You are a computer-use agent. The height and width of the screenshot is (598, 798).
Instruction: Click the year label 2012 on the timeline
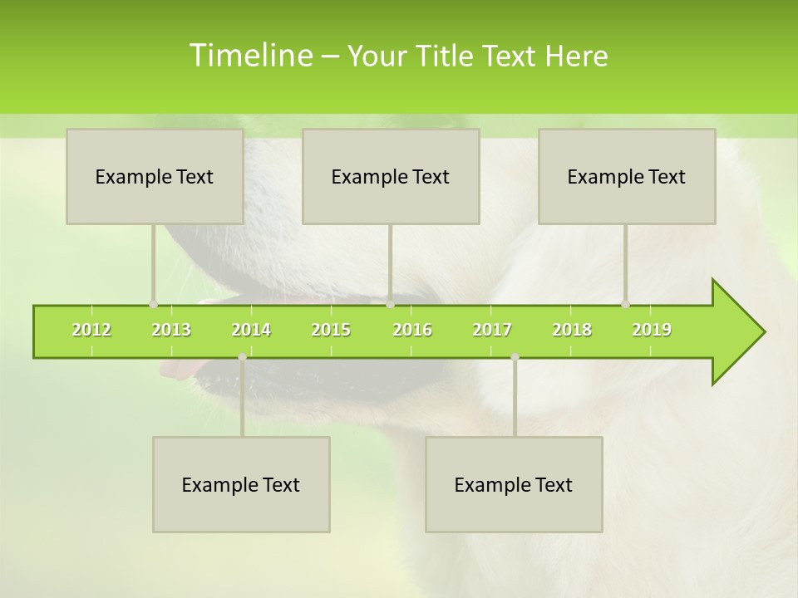pyautogui.click(x=91, y=330)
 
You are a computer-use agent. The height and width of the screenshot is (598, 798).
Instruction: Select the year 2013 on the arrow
pyautogui.click(x=171, y=330)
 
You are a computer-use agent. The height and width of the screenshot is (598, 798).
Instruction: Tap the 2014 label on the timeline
pyautogui.click(x=251, y=330)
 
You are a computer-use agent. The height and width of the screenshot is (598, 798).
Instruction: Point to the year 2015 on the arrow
pyautogui.click(x=331, y=330)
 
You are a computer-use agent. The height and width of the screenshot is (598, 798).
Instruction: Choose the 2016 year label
pyautogui.click(x=412, y=330)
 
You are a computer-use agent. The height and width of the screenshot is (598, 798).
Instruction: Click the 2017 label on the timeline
pyautogui.click(x=492, y=330)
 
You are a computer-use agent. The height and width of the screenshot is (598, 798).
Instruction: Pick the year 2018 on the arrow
pyautogui.click(x=572, y=330)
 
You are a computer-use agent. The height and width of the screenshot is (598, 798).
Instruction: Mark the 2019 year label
pyautogui.click(x=652, y=330)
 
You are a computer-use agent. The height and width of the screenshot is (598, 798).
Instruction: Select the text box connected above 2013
pyautogui.click(x=155, y=176)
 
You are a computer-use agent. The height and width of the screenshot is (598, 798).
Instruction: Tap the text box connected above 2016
pyautogui.click(x=391, y=176)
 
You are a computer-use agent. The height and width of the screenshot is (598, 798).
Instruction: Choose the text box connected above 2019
pyautogui.click(x=627, y=176)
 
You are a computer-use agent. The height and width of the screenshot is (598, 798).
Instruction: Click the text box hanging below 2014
pyautogui.click(x=241, y=484)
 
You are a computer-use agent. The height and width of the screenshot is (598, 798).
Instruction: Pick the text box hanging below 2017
pyautogui.click(x=514, y=484)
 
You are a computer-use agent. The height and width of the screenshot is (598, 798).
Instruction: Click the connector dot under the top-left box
pyautogui.click(x=154, y=304)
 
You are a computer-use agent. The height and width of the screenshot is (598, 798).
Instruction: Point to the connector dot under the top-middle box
pyautogui.click(x=390, y=304)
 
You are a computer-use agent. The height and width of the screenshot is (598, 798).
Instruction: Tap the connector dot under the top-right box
pyautogui.click(x=626, y=304)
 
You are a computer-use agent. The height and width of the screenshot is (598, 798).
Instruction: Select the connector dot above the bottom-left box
pyautogui.click(x=242, y=357)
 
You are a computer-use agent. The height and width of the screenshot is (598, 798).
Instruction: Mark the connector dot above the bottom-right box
pyautogui.click(x=515, y=357)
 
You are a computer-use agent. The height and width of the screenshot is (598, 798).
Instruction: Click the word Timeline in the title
pyautogui.click(x=250, y=56)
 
